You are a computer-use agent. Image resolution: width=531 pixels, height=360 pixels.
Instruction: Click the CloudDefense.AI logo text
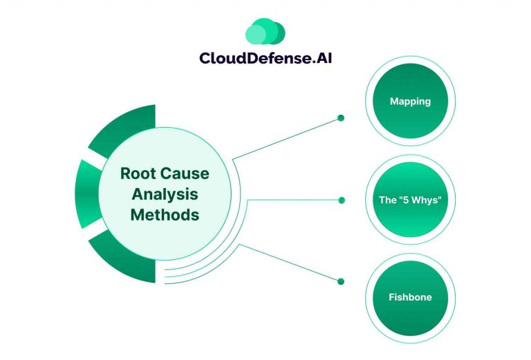pos(265,58)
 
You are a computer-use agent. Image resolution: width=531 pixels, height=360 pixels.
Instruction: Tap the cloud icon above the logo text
pos(265,32)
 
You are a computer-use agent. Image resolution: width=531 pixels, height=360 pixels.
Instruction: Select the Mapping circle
pos(410,102)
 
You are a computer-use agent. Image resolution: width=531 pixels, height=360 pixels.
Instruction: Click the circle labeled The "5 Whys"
pos(410,200)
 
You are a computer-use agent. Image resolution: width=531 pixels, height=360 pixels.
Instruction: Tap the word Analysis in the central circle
pos(165,194)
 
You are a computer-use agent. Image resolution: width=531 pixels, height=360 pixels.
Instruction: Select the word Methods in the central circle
pos(165,215)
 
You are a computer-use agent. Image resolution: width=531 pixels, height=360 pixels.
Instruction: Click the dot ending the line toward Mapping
pos(341,118)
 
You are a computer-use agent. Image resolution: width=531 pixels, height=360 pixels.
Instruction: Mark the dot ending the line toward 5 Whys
pos(341,200)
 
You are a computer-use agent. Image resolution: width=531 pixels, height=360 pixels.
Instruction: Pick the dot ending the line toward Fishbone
pos(341,281)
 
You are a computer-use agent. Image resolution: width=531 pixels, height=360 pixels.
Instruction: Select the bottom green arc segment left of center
pos(114,259)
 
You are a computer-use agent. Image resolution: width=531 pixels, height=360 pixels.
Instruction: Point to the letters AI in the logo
pos(321,58)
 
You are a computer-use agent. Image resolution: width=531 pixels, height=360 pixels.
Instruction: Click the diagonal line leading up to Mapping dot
pos(287,139)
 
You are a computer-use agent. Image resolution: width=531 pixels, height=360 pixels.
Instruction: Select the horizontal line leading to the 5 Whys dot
pos(294,200)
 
